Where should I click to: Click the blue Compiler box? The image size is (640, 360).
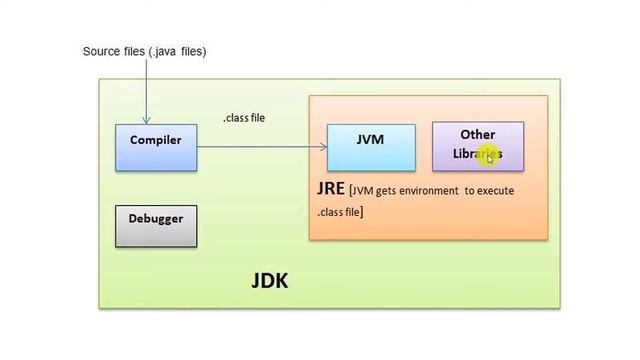(x=156, y=147)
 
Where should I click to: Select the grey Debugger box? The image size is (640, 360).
(x=156, y=225)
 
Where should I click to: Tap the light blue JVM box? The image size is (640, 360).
(x=371, y=146)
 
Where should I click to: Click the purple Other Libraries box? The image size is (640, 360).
(x=477, y=145)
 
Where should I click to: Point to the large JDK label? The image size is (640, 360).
(x=269, y=281)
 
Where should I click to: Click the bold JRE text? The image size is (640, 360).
(x=331, y=189)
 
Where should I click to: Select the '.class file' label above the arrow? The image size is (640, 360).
(x=244, y=118)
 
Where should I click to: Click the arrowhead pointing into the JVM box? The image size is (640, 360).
(x=323, y=147)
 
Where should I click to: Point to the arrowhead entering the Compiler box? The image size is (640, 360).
(x=147, y=119)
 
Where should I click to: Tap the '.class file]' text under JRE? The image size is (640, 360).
(x=340, y=211)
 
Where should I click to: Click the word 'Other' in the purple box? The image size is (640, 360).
(x=478, y=134)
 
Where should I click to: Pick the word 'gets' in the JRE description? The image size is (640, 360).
(x=385, y=190)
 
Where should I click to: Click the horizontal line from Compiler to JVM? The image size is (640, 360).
(x=260, y=147)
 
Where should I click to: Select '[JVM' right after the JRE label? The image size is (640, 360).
(x=361, y=190)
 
